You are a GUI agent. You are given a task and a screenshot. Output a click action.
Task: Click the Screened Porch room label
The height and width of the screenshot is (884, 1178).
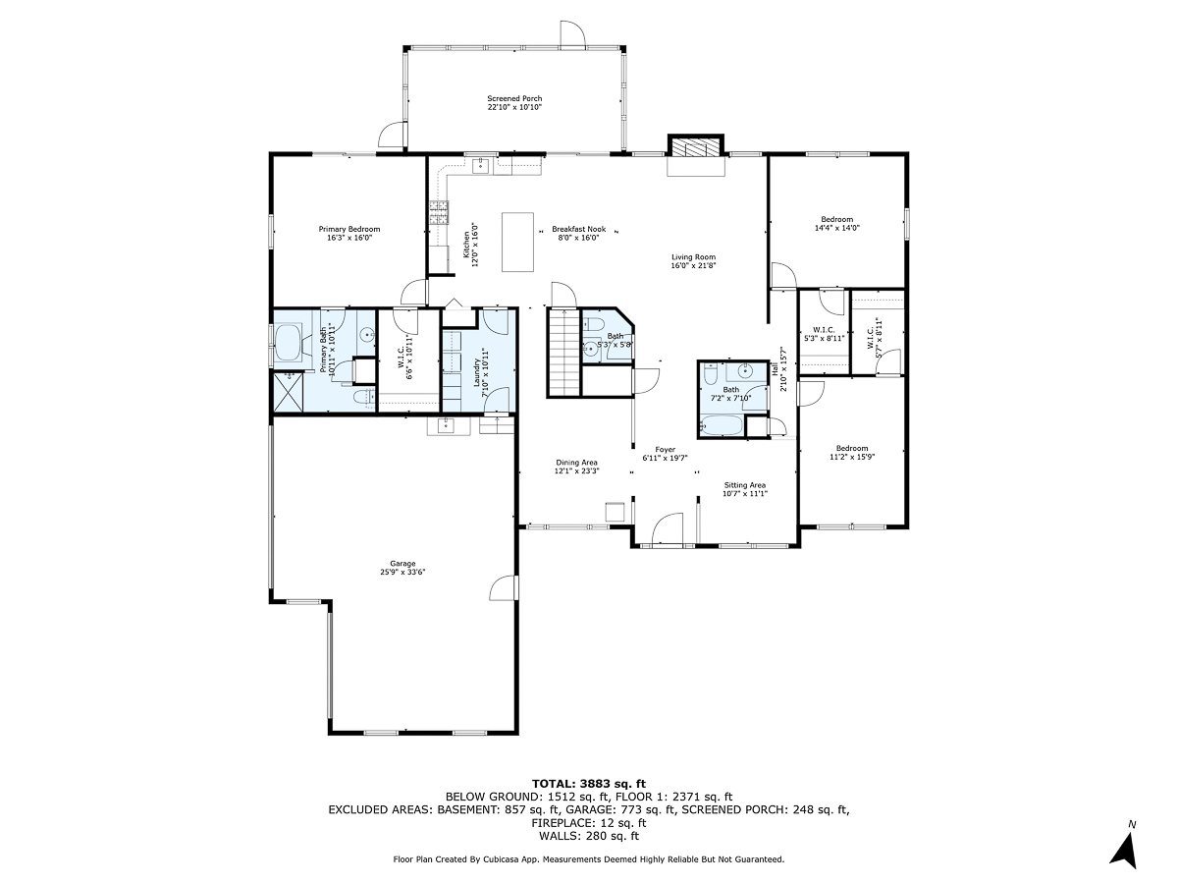click(514, 103)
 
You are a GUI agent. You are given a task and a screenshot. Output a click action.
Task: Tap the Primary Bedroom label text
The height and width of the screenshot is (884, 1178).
click(348, 233)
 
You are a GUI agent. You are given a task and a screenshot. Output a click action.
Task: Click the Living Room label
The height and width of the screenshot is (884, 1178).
click(693, 261)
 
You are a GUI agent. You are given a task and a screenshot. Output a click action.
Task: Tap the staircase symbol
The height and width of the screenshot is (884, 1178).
click(563, 351)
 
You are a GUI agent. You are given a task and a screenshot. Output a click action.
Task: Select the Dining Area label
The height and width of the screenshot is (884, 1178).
click(576, 467)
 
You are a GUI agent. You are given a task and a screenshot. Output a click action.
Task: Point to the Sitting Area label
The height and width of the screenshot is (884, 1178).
click(744, 489)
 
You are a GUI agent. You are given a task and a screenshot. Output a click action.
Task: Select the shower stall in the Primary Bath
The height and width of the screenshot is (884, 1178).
click(288, 391)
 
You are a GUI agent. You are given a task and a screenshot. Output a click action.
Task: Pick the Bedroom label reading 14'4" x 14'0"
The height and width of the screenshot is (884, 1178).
click(836, 223)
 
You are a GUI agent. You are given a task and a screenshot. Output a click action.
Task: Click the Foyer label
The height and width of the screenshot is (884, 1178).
click(666, 454)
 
